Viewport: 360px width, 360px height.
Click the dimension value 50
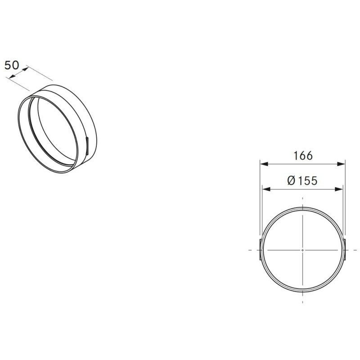(12, 65)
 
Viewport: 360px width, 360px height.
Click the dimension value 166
(303, 156)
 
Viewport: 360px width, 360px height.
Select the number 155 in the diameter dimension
(308, 180)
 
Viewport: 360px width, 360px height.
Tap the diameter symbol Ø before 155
(291, 180)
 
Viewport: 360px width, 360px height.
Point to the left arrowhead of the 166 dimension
(264, 164)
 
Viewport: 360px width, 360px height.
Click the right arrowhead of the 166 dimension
(341, 164)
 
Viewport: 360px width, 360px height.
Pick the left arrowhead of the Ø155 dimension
(266, 189)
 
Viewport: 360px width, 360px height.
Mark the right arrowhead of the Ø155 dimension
(339, 189)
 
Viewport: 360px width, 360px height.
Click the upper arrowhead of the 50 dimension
(25, 69)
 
